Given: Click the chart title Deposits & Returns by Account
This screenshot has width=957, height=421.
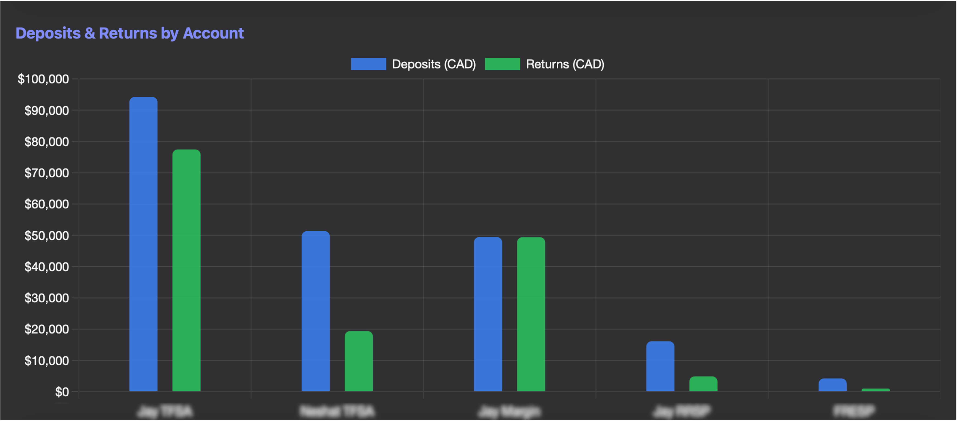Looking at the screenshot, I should [x=129, y=34].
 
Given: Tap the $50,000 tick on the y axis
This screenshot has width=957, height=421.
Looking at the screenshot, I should [x=47, y=236].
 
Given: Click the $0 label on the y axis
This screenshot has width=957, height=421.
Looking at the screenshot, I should [x=62, y=392].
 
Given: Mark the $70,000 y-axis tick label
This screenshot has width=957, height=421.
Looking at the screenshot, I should [x=47, y=173].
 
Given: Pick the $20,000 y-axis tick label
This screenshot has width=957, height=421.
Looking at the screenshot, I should [x=47, y=329].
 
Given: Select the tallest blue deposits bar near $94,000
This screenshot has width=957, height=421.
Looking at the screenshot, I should [x=143, y=245].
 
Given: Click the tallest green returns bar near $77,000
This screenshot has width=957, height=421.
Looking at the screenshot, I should [x=186, y=271].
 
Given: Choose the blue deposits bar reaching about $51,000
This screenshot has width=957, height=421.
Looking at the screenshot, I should [x=315, y=312].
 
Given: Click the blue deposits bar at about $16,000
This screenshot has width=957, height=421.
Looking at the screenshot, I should [x=660, y=366].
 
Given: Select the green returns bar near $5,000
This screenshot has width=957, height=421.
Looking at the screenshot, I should [x=703, y=384].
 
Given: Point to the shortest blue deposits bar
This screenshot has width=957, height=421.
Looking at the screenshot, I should [x=833, y=385].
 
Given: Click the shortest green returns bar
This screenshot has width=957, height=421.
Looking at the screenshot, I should [x=876, y=390].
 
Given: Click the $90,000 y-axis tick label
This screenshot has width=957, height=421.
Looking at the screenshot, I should [x=47, y=111].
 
